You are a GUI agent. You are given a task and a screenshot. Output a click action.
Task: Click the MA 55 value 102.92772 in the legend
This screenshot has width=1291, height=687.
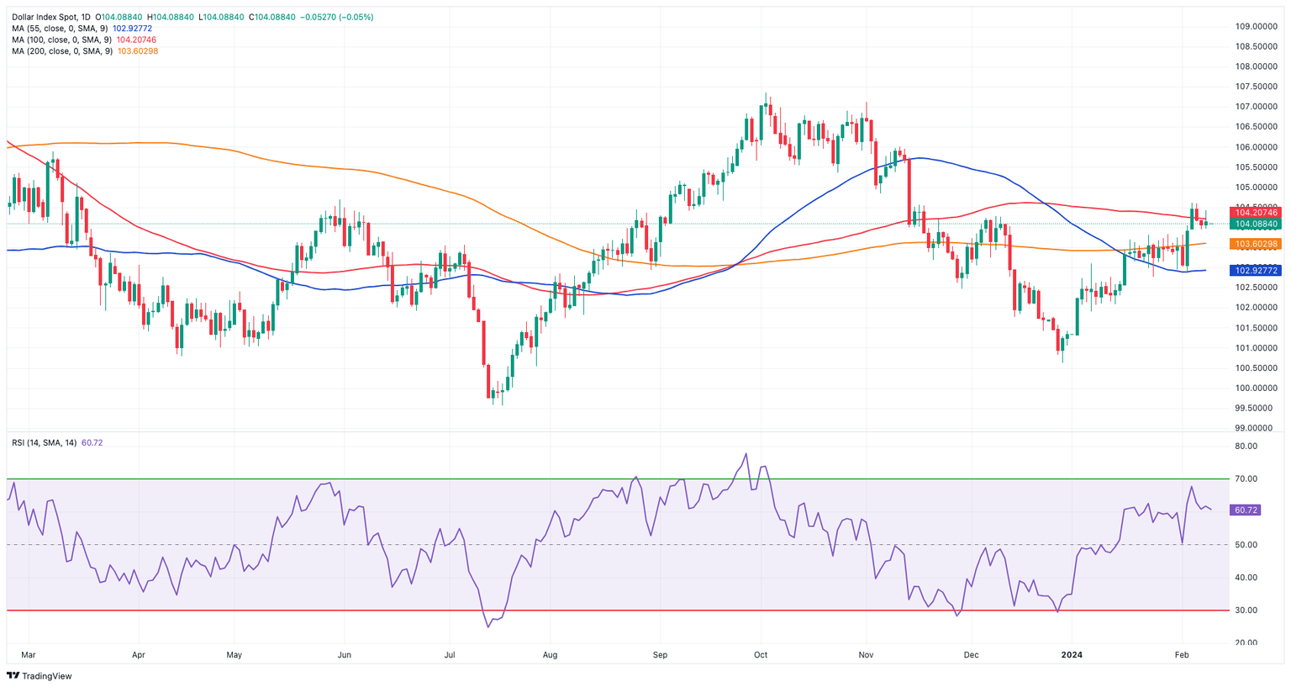pyautogui.click(x=132, y=29)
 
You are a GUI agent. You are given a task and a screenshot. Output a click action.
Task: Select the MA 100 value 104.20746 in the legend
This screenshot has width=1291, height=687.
pyautogui.click(x=136, y=40)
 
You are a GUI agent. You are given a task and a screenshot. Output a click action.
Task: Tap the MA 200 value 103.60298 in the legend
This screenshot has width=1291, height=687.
pyautogui.click(x=138, y=51)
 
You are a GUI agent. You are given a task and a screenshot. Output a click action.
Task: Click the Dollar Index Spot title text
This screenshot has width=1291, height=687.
pyautogui.click(x=50, y=17)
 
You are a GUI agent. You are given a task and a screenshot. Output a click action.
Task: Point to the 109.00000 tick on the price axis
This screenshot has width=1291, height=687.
pyautogui.click(x=1256, y=26)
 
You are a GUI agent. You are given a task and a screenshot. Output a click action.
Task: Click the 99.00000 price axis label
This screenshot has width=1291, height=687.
pyautogui.click(x=1256, y=428)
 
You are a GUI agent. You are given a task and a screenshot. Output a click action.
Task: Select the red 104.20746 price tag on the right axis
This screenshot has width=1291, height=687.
pyautogui.click(x=1256, y=213)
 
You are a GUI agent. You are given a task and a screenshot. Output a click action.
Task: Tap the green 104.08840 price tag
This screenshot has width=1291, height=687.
pyautogui.click(x=1256, y=225)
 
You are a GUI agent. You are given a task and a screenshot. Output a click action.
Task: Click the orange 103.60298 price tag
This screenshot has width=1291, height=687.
pyautogui.click(x=1256, y=244)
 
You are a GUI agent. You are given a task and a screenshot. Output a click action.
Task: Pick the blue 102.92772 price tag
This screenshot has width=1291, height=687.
pyautogui.click(x=1256, y=271)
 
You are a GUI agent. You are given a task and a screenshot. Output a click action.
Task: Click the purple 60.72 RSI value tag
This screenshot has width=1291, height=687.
pyautogui.click(x=1245, y=510)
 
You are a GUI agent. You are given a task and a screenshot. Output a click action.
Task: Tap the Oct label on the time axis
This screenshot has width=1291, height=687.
pyautogui.click(x=761, y=654)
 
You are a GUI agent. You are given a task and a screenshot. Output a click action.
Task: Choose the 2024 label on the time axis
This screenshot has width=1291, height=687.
pyautogui.click(x=1071, y=654)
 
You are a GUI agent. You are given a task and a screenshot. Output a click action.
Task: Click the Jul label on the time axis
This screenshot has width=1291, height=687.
pyautogui.click(x=450, y=654)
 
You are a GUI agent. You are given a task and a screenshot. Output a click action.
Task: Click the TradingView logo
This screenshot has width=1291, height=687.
pyautogui.click(x=40, y=676)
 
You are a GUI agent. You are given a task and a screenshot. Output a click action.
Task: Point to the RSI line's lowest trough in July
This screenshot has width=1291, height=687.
pyautogui.click(x=488, y=626)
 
